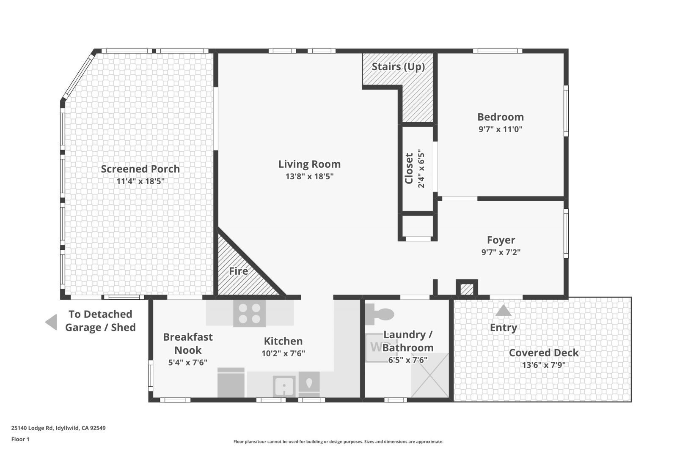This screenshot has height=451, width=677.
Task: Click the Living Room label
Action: (309, 164)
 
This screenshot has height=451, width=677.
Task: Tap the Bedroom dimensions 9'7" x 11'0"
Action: (501, 129)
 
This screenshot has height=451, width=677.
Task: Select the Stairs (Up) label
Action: (398, 66)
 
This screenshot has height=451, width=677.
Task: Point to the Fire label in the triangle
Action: (239, 271)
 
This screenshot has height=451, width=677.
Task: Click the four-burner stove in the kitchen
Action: (249, 313)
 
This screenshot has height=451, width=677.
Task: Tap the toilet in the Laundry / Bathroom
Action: (380, 314)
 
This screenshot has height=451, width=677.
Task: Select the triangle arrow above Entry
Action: (503, 311)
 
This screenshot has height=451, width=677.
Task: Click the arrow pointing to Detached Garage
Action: (51, 322)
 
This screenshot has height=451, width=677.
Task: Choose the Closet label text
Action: (409, 168)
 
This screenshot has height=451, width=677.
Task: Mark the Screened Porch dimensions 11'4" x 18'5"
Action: (140, 181)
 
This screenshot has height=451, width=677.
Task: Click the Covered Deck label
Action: (544, 353)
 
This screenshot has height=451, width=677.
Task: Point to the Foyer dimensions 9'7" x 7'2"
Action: (501, 252)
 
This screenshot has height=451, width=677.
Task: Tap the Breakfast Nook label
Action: (188, 343)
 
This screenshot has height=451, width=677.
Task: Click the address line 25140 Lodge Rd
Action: (58, 428)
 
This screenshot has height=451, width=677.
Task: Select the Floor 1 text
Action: (20, 439)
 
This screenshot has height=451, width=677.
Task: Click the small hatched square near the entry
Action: (467, 289)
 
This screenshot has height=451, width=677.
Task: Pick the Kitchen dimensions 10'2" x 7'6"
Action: (283, 353)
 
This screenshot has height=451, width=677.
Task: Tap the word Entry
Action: (504, 328)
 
